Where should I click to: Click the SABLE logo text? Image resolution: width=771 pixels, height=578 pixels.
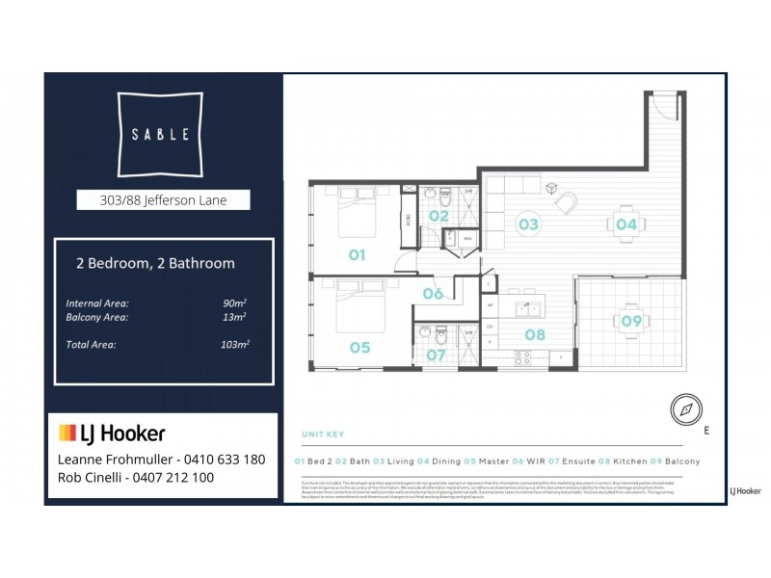pyautogui.click(x=160, y=134)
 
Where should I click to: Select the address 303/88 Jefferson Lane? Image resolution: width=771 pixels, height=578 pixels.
pyautogui.click(x=164, y=200)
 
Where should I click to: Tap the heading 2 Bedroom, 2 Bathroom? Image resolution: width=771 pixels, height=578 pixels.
pyautogui.click(x=155, y=263)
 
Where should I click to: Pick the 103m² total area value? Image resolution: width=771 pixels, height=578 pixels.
pyautogui.click(x=232, y=344)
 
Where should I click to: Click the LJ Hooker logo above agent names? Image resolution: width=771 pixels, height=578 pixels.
pyautogui.click(x=112, y=433)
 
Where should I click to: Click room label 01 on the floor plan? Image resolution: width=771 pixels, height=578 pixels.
pyautogui.click(x=357, y=255)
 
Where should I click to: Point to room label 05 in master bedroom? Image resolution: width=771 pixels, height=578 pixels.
pyautogui.click(x=359, y=348)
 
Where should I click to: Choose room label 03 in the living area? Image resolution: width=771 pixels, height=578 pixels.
pyautogui.click(x=528, y=224)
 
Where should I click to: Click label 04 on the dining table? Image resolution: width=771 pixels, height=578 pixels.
pyautogui.click(x=626, y=224)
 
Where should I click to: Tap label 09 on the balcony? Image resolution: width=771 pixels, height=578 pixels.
pyautogui.click(x=631, y=322)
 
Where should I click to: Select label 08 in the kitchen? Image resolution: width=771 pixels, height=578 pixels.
pyautogui.click(x=535, y=335)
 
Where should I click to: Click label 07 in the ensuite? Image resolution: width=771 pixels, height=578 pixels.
pyautogui.click(x=437, y=355)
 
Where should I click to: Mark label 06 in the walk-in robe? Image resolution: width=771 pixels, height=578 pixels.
pyautogui.click(x=433, y=294)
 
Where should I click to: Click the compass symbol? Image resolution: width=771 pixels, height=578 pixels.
pyautogui.click(x=686, y=409)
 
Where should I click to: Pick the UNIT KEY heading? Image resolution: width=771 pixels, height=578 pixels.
pyautogui.click(x=323, y=434)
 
